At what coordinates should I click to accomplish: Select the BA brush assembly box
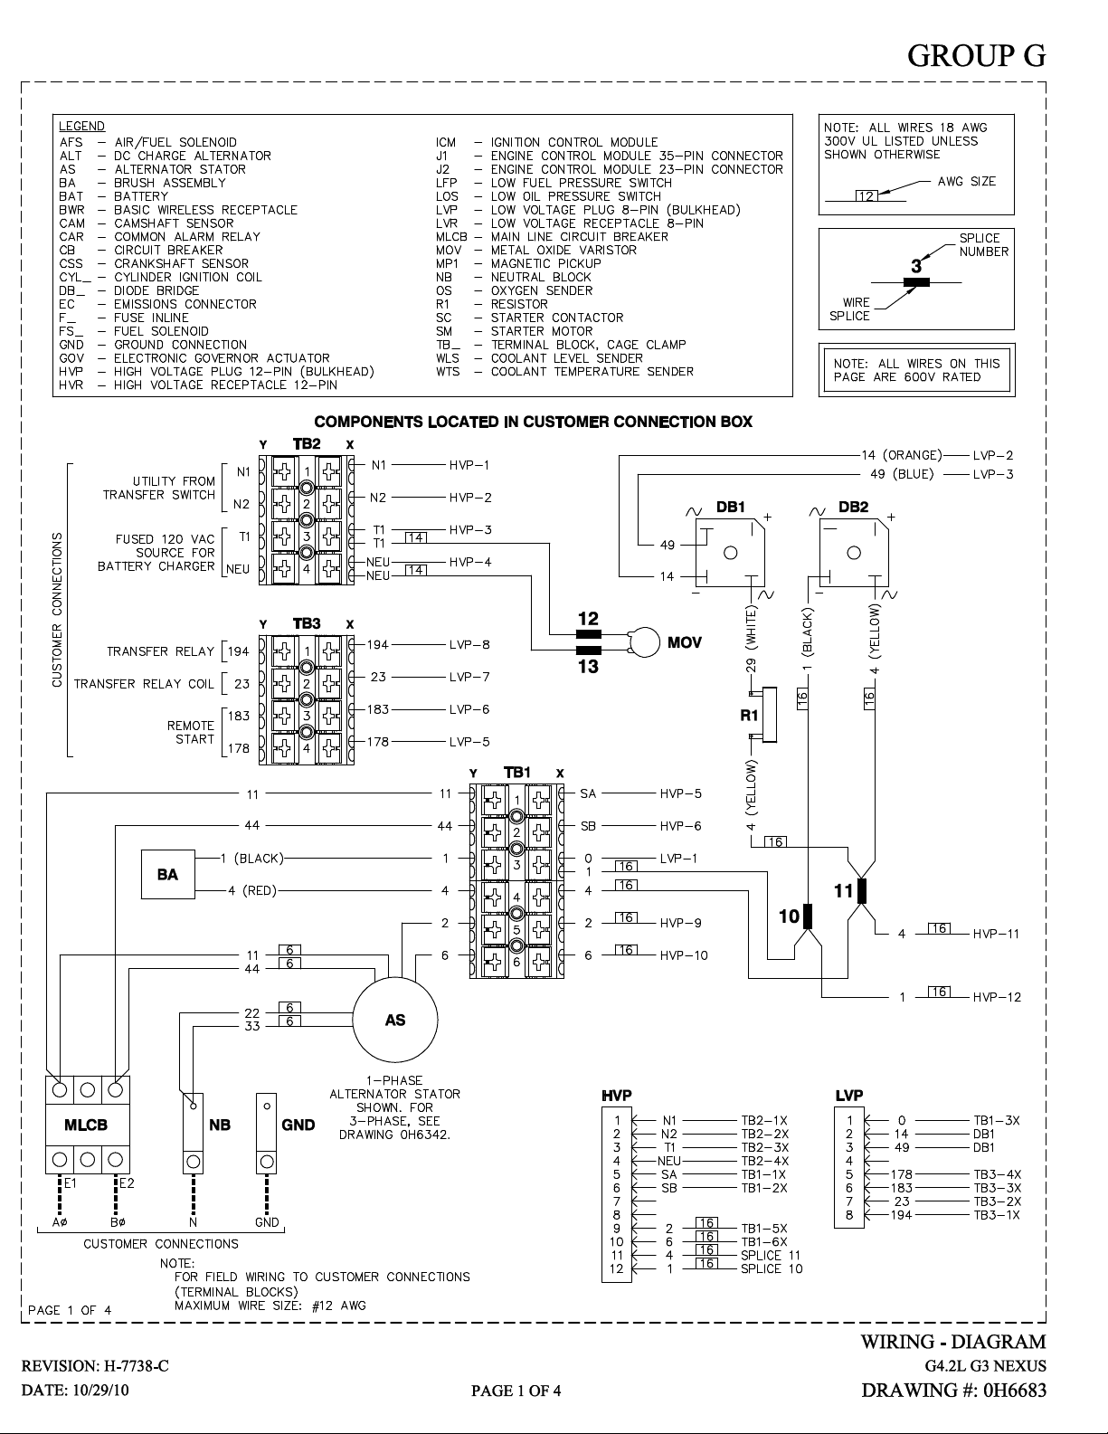pyautogui.click(x=167, y=874)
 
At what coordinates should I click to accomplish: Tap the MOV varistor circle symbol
pyautogui.click(x=644, y=642)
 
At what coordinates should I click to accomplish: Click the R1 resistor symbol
pyautogui.click(x=769, y=715)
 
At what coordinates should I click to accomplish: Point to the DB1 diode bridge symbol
pyautogui.click(x=731, y=553)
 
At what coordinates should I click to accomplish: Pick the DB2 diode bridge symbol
pyautogui.click(x=854, y=553)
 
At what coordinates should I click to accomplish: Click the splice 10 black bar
pyautogui.click(x=807, y=916)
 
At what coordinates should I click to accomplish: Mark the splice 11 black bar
pyautogui.click(x=861, y=891)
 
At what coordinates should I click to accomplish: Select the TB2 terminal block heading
pyautogui.click(x=307, y=444)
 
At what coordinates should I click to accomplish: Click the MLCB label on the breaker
pyautogui.click(x=87, y=1125)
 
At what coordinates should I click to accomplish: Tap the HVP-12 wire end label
pyautogui.click(x=997, y=997)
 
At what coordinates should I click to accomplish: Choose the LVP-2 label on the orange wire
pyautogui.click(x=992, y=455)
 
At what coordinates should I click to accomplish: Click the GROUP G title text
pyautogui.click(x=977, y=55)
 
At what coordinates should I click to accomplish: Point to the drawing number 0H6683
pyautogui.click(x=1015, y=1390)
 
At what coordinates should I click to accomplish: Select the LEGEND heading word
pyautogui.click(x=81, y=126)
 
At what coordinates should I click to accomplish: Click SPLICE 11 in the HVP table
pyautogui.click(x=771, y=1255)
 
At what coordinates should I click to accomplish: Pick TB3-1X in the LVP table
pyautogui.click(x=997, y=1215)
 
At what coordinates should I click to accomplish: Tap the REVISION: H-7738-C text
pyautogui.click(x=95, y=1366)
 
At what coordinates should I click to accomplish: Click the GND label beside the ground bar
pyautogui.click(x=298, y=1125)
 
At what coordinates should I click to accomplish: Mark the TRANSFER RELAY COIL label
pyautogui.click(x=144, y=684)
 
